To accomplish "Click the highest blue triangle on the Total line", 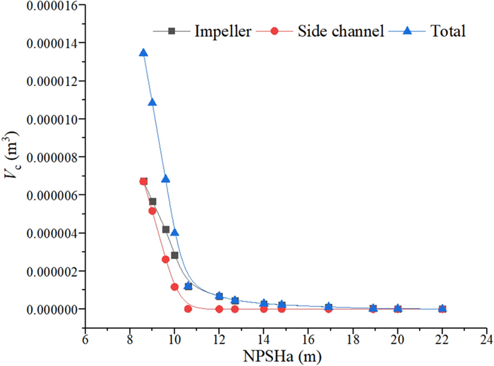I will [143, 53].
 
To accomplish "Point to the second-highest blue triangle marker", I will [152, 103].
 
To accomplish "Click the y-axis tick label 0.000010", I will [44, 119].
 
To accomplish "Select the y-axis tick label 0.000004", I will [44, 233].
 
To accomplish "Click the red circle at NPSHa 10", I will [174, 287].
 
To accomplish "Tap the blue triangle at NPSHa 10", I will [174, 233].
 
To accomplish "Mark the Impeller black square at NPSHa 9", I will [152, 202].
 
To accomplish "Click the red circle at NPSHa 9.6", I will [166, 259].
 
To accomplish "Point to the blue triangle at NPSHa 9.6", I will [166, 179].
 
